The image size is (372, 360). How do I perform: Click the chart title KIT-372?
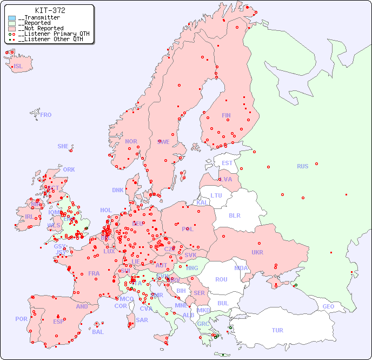50,10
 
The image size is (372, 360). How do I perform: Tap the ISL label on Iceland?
18,67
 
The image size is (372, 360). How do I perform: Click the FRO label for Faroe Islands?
46,115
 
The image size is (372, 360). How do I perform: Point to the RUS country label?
302,166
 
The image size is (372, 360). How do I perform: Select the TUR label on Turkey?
277,330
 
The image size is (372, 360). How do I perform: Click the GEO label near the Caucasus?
328,306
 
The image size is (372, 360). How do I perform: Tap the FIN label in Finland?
226,115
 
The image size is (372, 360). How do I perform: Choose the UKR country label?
257,252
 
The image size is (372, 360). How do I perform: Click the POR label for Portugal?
21,319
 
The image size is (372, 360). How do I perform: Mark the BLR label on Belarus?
234,215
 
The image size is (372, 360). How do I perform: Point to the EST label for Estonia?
227,163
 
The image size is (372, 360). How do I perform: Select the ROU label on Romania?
221,279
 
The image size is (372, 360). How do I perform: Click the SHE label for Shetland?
63,146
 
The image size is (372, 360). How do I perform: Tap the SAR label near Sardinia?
142,320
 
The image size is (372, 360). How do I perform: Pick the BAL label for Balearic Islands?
98,332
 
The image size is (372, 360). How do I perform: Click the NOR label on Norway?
131,141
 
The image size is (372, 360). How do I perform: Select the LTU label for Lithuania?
216,195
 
